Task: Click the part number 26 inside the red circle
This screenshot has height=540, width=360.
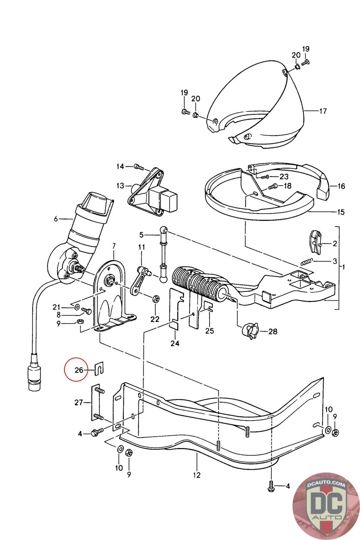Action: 79,370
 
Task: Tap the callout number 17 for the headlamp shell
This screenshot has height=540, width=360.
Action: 323,111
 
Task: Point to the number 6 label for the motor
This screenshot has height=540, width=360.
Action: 56,219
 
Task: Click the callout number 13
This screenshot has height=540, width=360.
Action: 120,186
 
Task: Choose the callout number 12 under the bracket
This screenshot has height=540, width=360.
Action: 197,475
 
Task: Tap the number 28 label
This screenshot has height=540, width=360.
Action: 273,331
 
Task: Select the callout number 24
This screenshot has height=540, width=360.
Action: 175,343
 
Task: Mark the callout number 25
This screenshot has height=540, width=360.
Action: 210,331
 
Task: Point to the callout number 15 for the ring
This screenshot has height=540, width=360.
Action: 341,212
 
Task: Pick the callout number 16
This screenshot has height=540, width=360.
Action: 341,186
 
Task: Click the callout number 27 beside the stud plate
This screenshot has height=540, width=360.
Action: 79,402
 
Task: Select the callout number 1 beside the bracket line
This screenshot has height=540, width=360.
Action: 343,267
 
